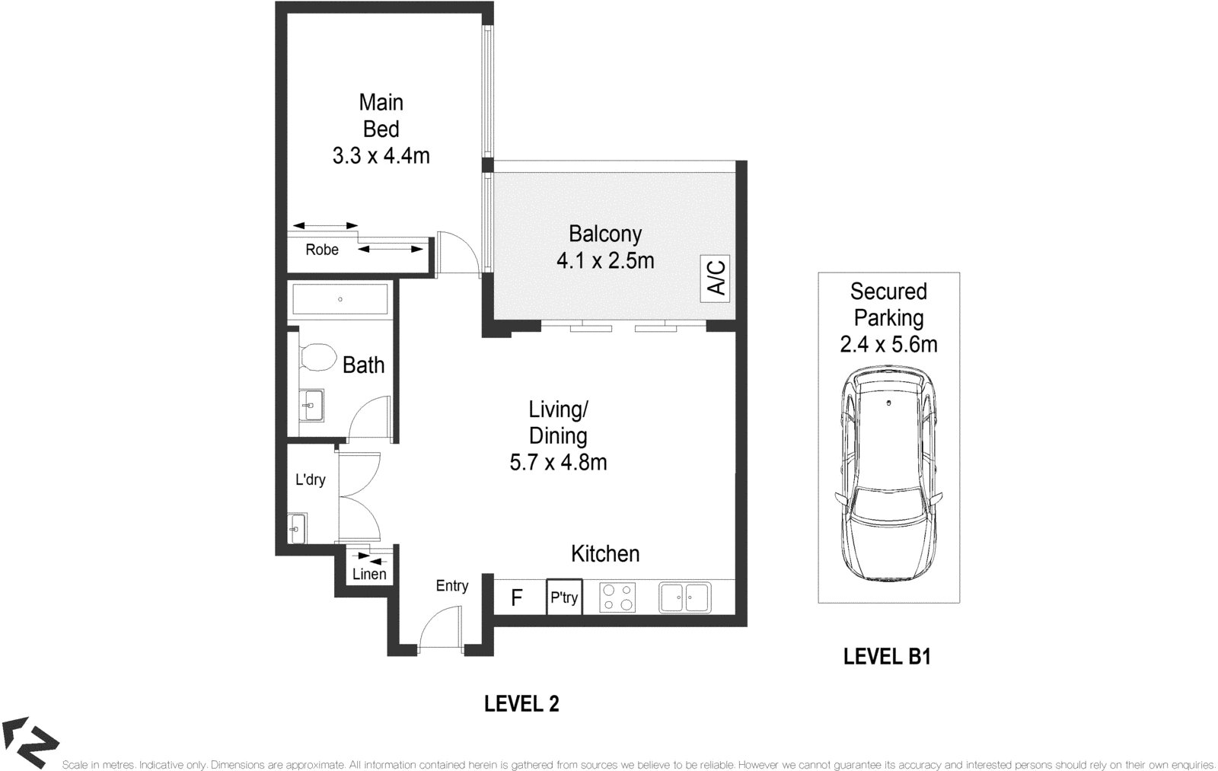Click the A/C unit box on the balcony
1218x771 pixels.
[715, 279]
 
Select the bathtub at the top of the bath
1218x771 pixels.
[340, 298]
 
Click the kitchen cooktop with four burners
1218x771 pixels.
[617, 597]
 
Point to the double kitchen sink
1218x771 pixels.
[684, 597]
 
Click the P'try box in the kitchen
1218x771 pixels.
[564, 597]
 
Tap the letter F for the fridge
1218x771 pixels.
[517, 598]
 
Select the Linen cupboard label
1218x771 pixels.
[369, 574]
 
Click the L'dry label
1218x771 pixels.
[310, 479]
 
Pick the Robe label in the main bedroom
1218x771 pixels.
[322, 250]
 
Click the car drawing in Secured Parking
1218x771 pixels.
[888, 474]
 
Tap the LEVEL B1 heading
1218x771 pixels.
[887, 657]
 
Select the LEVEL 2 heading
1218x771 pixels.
[521, 704]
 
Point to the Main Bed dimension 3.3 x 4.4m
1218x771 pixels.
[381, 156]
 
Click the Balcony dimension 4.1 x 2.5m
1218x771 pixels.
[605, 261]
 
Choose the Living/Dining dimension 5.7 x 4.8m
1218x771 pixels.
[558, 463]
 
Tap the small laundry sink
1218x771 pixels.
[297, 528]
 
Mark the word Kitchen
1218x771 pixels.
[605, 554]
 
